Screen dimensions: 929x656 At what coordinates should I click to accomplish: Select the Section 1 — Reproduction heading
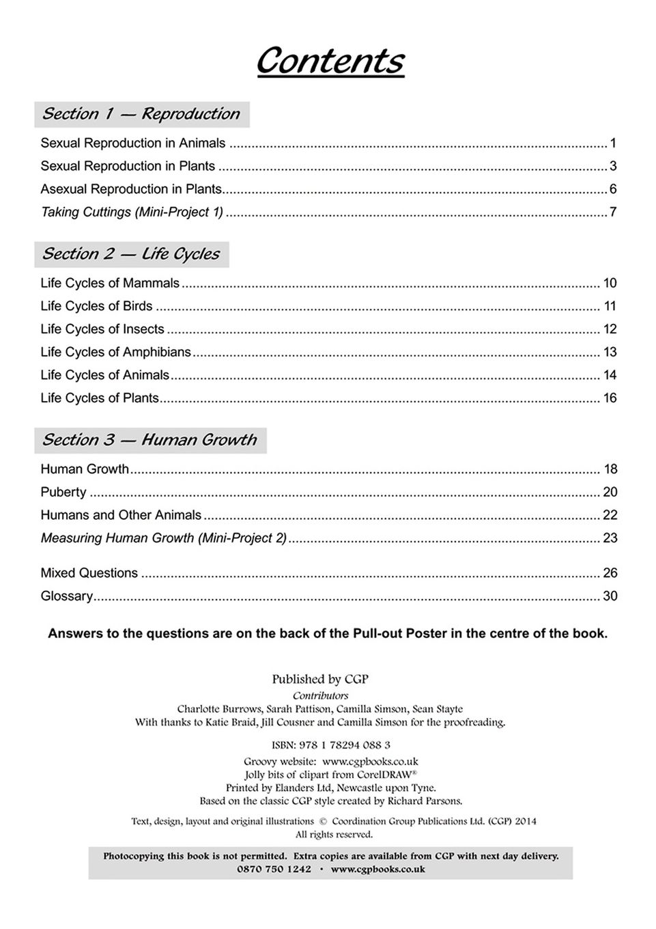[x=141, y=114]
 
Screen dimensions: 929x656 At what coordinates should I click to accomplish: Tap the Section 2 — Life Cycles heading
[x=131, y=254]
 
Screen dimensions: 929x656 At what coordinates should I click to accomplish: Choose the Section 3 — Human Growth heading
[x=149, y=440]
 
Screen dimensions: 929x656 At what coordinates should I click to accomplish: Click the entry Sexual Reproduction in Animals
[x=132, y=143]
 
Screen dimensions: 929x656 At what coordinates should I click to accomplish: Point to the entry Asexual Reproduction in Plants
[x=131, y=189]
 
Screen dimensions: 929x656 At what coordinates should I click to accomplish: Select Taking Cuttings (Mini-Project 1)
[x=132, y=212]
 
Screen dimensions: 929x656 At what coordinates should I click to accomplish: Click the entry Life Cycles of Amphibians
[x=115, y=352]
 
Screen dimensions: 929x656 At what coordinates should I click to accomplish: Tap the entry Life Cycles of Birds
[x=96, y=306]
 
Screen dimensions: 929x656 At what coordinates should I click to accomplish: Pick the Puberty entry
[x=63, y=493]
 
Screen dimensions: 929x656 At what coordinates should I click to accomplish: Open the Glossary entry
[x=66, y=596]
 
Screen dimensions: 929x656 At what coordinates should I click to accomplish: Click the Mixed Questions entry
[x=89, y=573]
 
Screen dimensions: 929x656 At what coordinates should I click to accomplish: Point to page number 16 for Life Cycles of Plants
[x=610, y=398]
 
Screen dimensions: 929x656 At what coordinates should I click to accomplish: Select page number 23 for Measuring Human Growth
[x=610, y=538]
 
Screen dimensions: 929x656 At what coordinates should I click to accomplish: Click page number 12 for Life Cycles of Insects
[x=610, y=329]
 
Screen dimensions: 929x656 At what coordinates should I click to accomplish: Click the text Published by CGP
[x=320, y=679]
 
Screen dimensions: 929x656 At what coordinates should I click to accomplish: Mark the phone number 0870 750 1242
[x=274, y=870]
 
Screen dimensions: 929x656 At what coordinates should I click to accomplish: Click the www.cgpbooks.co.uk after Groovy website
[x=370, y=761]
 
